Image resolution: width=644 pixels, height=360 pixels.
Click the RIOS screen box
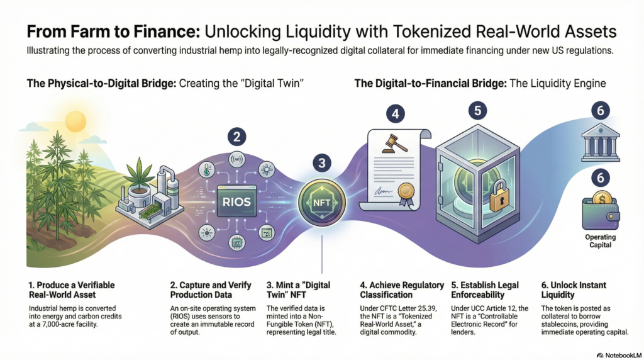237,201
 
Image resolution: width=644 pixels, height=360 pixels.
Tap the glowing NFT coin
322,203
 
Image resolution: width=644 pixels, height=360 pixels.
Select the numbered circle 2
236,137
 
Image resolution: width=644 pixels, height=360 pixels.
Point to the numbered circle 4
395,114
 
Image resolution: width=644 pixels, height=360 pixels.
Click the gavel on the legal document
394,143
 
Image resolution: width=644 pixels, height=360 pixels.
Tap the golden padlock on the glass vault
499,196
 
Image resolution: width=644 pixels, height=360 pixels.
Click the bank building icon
601,142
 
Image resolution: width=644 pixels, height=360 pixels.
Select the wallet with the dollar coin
601,211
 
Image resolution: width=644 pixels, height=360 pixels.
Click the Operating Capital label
601,241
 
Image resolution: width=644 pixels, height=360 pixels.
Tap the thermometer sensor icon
206,169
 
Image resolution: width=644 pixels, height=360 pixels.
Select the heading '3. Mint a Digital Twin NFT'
298,290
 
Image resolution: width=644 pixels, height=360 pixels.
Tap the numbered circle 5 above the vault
477,111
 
